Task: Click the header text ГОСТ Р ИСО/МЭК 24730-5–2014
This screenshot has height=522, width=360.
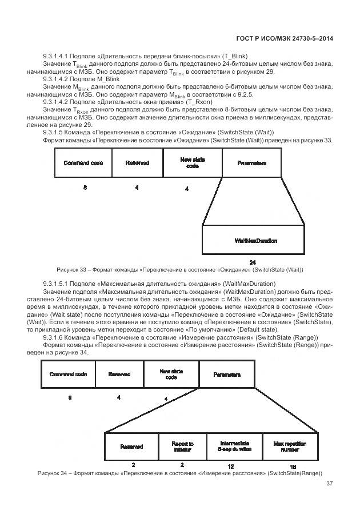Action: pyautogui.click(x=284, y=39)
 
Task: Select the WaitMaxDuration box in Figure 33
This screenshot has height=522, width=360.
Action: pyautogui.click(x=255, y=240)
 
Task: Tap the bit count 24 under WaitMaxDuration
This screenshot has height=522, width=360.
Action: pyautogui.click(x=253, y=261)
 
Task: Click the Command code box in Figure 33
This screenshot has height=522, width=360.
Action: pyautogui.click(x=83, y=163)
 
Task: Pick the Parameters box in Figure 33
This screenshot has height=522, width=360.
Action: pyautogui.click(x=251, y=163)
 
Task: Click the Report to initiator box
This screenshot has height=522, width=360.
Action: pyautogui.click(x=182, y=447)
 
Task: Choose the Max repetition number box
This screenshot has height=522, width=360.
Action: pyautogui.click(x=290, y=447)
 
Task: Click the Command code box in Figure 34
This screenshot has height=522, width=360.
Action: pyautogui.click(x=68, y=374)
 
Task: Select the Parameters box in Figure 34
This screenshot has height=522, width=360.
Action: pyautogui.click(x=226, y=374)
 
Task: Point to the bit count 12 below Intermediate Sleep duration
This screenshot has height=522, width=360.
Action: pyautogui.click(x=231, y=467)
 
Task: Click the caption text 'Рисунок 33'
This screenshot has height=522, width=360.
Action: pyautogui.click(x=71, y=269)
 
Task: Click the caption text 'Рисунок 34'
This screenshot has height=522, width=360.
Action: pyautogui.click(x=53, y=473)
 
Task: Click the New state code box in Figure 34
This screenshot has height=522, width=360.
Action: pyautogui.click(x=171, y=374)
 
